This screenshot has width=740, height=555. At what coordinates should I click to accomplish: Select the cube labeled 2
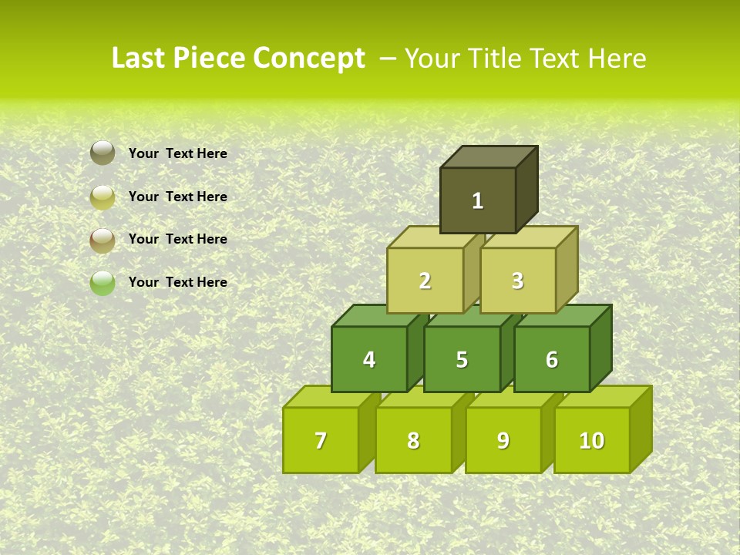[425, 281]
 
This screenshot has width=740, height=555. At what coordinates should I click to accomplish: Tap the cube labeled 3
[517, 281]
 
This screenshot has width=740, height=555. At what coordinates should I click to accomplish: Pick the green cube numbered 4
[369, 359]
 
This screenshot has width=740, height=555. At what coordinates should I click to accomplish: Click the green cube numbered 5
[462, 359]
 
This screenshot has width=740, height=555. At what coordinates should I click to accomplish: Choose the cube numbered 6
[552, 359]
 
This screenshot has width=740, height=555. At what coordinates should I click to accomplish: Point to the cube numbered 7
[321, 440]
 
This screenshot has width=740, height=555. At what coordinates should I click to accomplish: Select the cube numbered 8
[413, 440]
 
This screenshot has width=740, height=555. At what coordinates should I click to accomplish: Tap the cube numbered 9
[503, 440]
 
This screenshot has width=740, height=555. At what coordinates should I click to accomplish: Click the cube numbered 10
[592, 440]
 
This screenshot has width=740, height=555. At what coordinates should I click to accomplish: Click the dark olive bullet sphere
[103, 153]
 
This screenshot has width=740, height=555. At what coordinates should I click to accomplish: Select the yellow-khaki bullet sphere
[103, 197]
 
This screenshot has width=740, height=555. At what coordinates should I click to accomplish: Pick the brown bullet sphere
[103, 240]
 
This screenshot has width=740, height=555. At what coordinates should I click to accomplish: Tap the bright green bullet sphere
[103, 283]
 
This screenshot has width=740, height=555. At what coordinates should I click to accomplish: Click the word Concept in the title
[309, 59]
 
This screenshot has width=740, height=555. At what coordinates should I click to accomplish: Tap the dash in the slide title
[388, 59]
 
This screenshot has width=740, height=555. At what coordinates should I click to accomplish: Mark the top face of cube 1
[489, 157]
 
